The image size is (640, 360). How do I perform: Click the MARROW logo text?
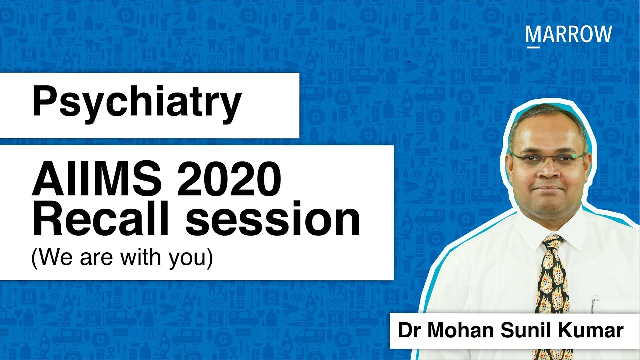coord(569,34)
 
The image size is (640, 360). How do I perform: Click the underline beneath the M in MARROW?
coord(532,46)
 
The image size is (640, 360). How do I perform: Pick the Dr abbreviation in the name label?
coord(408,331)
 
